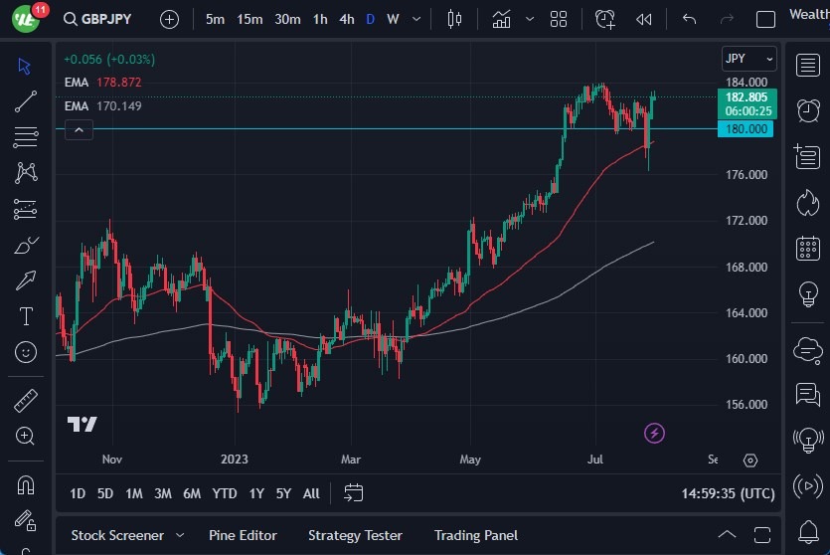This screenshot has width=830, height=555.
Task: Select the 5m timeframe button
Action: pos(215,19)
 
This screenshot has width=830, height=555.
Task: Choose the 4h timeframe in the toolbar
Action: pos(346,19)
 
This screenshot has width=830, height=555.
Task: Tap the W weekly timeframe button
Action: pos(393,19)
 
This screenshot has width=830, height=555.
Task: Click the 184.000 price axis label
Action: pos(746,83)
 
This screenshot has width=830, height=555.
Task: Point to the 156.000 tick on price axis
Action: pos(746,405)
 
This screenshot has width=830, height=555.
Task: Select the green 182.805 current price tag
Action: pos(747,97)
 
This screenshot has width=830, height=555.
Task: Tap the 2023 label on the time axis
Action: pos(235,460)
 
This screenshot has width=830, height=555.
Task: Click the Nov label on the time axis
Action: pos(111,460)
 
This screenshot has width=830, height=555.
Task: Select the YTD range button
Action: pos(225,493)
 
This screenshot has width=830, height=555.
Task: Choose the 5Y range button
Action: pos(283,493)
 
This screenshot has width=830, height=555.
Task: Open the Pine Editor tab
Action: pos(244,535)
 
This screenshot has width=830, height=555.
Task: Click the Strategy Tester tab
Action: pos(355,535)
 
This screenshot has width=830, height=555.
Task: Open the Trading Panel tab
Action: pos(475,535)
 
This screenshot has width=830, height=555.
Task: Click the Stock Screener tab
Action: pos(116,535)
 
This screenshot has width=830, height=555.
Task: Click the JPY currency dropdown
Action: pos(748,59)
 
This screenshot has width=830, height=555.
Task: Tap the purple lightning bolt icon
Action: pos(654,433)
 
